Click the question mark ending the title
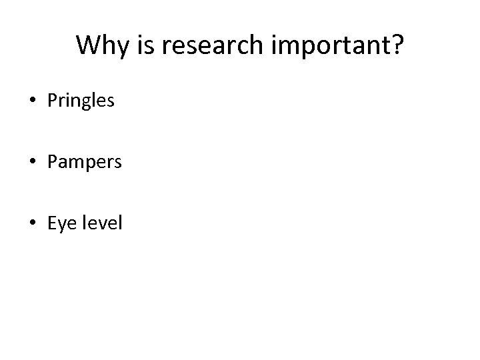[x=397, y=45]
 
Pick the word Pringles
[x=81, y=102]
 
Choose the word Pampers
[x=84, y=163]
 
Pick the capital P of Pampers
[x=52, y=162]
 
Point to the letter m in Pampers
[x=75, y=164]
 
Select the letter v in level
[x=103, y=225]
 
